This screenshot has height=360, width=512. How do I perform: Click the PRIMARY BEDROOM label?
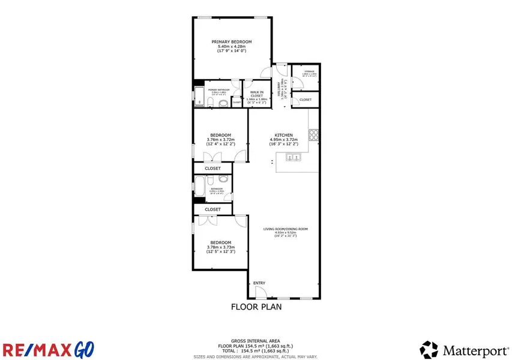coord(231,41)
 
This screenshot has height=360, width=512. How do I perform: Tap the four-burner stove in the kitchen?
coord(313,133)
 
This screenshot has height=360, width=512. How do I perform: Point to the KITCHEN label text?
coord(283,135)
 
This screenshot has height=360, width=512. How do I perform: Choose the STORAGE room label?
coord(309,71)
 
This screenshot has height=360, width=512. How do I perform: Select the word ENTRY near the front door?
coord(259,283)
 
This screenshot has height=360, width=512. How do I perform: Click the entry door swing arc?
coord(259,292)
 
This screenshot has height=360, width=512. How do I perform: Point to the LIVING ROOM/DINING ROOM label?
coord(285,229)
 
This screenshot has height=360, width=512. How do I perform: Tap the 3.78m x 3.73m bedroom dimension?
coord(220,247)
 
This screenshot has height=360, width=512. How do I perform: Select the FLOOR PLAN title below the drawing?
coord(256,307)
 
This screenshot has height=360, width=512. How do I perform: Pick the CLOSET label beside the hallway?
coord(306,100)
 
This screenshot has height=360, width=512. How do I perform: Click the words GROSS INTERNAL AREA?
coord(256,340)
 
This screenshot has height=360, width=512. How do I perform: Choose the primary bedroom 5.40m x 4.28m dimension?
coord(231,46)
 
